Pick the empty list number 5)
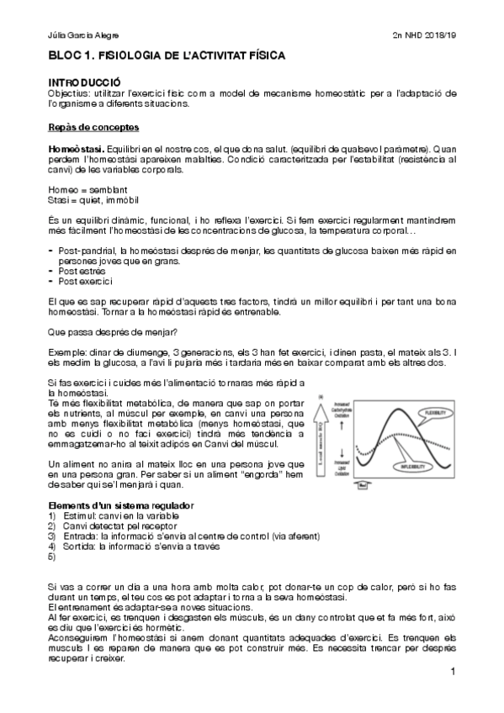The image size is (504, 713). [52, 557]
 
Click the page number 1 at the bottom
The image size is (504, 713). [453, 672]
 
